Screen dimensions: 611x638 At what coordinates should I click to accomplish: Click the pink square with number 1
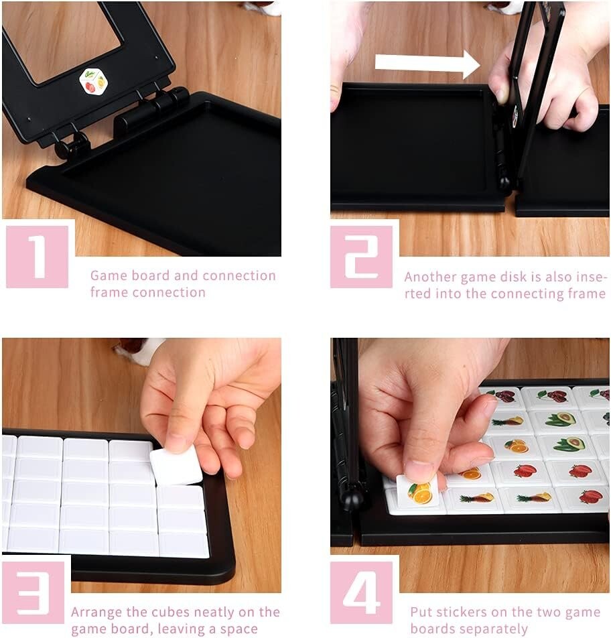37,256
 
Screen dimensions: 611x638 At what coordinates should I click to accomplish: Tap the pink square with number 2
361,257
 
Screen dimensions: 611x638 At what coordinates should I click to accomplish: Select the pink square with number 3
33,592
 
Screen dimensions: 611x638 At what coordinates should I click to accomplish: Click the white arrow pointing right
427,64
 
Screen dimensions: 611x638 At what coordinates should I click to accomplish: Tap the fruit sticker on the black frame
93,82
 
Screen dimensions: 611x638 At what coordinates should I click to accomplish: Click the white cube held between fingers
176,465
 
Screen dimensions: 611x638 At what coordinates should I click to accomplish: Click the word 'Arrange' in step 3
96,613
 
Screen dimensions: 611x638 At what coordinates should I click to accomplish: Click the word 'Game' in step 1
107,275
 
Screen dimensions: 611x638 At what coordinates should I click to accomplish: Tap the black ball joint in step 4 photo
348,497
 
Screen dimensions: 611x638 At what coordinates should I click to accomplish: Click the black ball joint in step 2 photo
505,183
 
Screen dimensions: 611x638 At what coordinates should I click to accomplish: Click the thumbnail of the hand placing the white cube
141,465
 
